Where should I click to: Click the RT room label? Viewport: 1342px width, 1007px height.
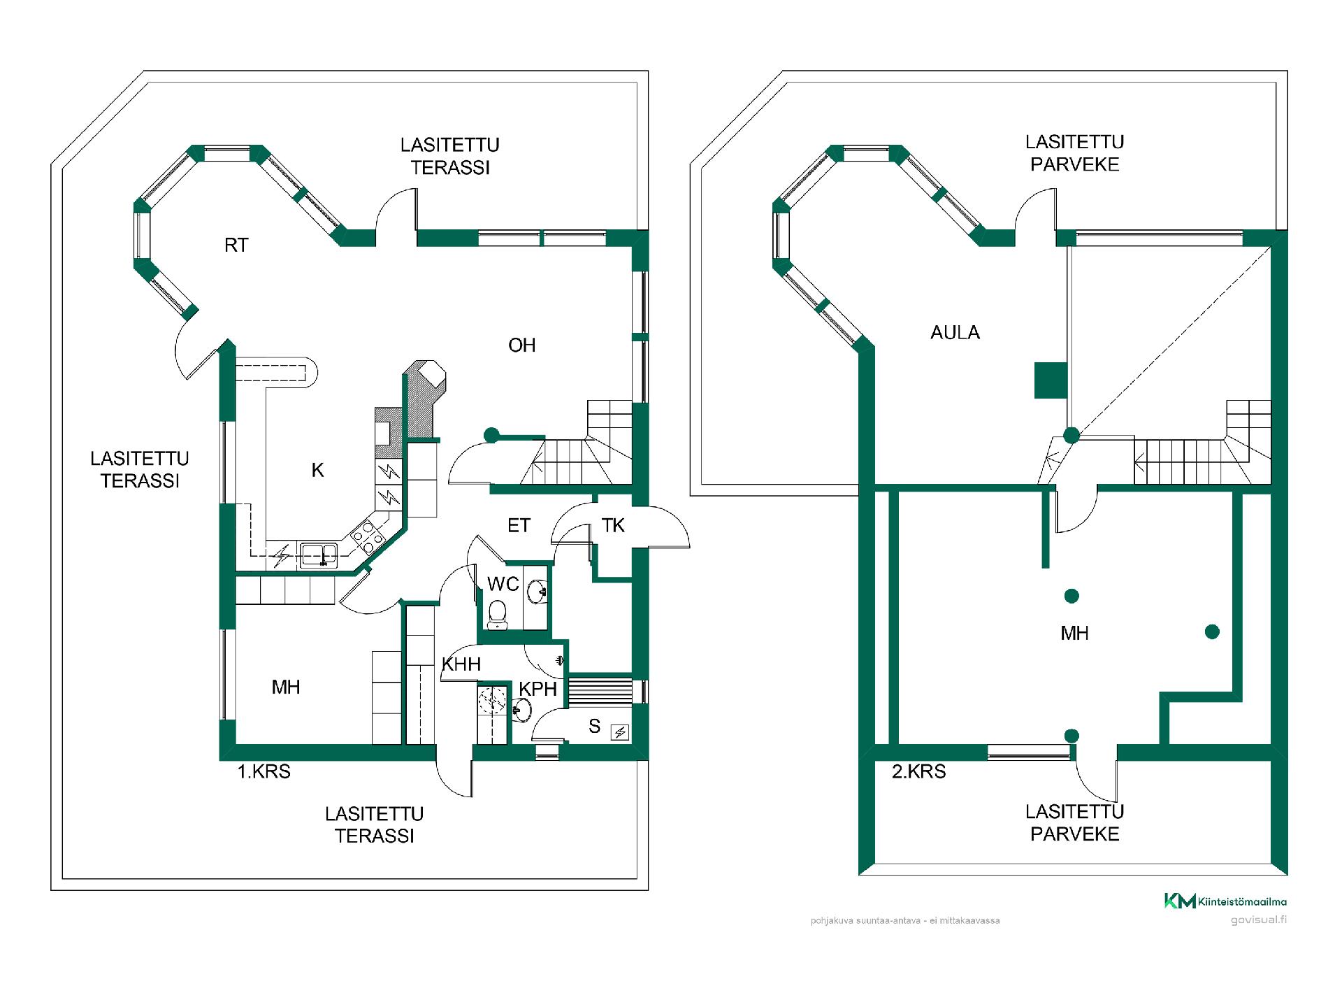pyautogui.click(x=236, y=245)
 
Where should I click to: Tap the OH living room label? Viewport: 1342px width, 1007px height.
pyautogui.click(x=522, y=345)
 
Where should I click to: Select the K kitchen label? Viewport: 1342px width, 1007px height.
pyautogui.click(x=317, y=470)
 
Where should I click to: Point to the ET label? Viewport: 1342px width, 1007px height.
pyautogui.click(x=519, y=525)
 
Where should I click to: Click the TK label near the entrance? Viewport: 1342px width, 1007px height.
pyautogui.click(x=613, y=525)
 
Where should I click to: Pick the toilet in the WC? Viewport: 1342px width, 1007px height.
pyautogui.click(x=498, y=613)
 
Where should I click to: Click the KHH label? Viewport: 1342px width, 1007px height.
pyautogui.click(x=461, y=664)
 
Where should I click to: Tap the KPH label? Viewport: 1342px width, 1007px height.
pyautogui.click(x=537, y=689)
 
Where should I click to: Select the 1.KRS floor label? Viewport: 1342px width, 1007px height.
pyautogui.click(x=264, y=771)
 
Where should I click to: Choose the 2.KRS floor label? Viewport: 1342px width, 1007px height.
pyautogui.click(x=918, y=771)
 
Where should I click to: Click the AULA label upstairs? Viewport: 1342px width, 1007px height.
pyautogui.click(x=955, y=333)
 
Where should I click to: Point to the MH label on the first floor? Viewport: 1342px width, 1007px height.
pyautogui.click(x=286, y=687)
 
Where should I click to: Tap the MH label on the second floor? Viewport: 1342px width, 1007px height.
pyautogui.click(x=1074, y=634)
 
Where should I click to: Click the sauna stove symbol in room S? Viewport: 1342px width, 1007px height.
pyautogui.click(x=620, y=732)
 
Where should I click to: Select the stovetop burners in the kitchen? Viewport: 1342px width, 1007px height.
pyautogui.click(x=368, y=536)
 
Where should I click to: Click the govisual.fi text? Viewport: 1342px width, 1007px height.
pyautogui.click(x=1259, y=920)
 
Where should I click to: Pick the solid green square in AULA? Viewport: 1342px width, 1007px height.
pyautogui.click(x=1051, y=380)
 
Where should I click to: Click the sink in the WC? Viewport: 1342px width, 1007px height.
pyautogui.click(x=537, y=592)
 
